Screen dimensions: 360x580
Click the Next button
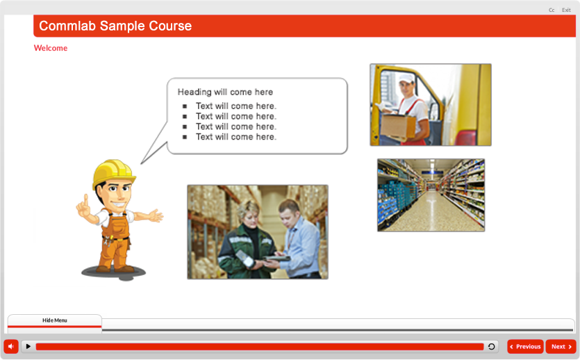[561, 347]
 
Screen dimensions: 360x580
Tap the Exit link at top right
[566, 10]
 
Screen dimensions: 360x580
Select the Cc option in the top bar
[552, 10]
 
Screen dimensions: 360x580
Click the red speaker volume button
[11, 346]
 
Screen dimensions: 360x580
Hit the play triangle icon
[28, 346]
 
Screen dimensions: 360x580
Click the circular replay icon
[492, 347]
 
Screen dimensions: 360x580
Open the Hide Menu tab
[55, 320]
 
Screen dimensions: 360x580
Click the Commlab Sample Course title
[115, 26]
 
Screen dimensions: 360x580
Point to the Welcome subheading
[51, 49]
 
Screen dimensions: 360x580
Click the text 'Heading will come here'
[225, 92]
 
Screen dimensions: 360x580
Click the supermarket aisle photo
[431, 195]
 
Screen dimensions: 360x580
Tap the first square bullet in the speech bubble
[185, 106]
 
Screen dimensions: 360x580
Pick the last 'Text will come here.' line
[236, 137]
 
